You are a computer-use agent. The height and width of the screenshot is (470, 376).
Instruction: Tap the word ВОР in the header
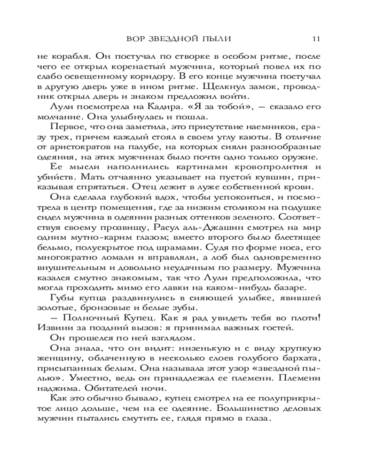136,38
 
